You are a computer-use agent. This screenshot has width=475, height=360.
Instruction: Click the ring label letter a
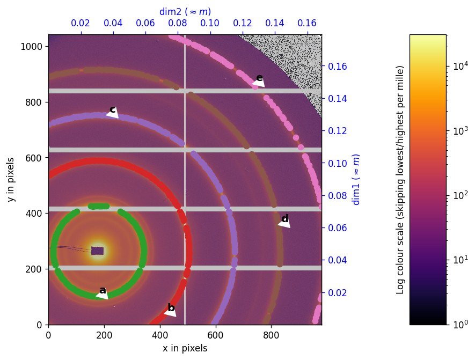(x=103, y=290)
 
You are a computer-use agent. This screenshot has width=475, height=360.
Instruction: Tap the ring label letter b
(x=171, y=308)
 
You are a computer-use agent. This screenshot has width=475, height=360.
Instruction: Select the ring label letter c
(x=113, y=109)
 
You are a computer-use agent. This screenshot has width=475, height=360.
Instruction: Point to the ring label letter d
(x=284, y=219)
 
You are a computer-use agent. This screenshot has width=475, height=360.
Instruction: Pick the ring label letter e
(x=259, y=78)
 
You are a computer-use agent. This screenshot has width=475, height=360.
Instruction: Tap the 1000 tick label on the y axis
(x=35, y=46)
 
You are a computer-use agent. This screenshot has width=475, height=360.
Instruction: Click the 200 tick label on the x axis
(x=104, y=334)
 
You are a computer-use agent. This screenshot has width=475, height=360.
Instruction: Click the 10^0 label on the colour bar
(x=459, y=325)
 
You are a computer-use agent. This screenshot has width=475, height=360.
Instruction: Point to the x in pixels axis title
(x=185, y=348)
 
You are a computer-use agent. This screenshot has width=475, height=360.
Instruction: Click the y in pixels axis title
(x=11, y=180)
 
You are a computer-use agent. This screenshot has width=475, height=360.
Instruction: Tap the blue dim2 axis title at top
(x=185, y=12)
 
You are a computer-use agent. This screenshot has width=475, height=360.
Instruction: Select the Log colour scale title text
(x=400, y=180)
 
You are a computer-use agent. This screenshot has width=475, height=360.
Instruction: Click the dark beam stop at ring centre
(x=97, y=251)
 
